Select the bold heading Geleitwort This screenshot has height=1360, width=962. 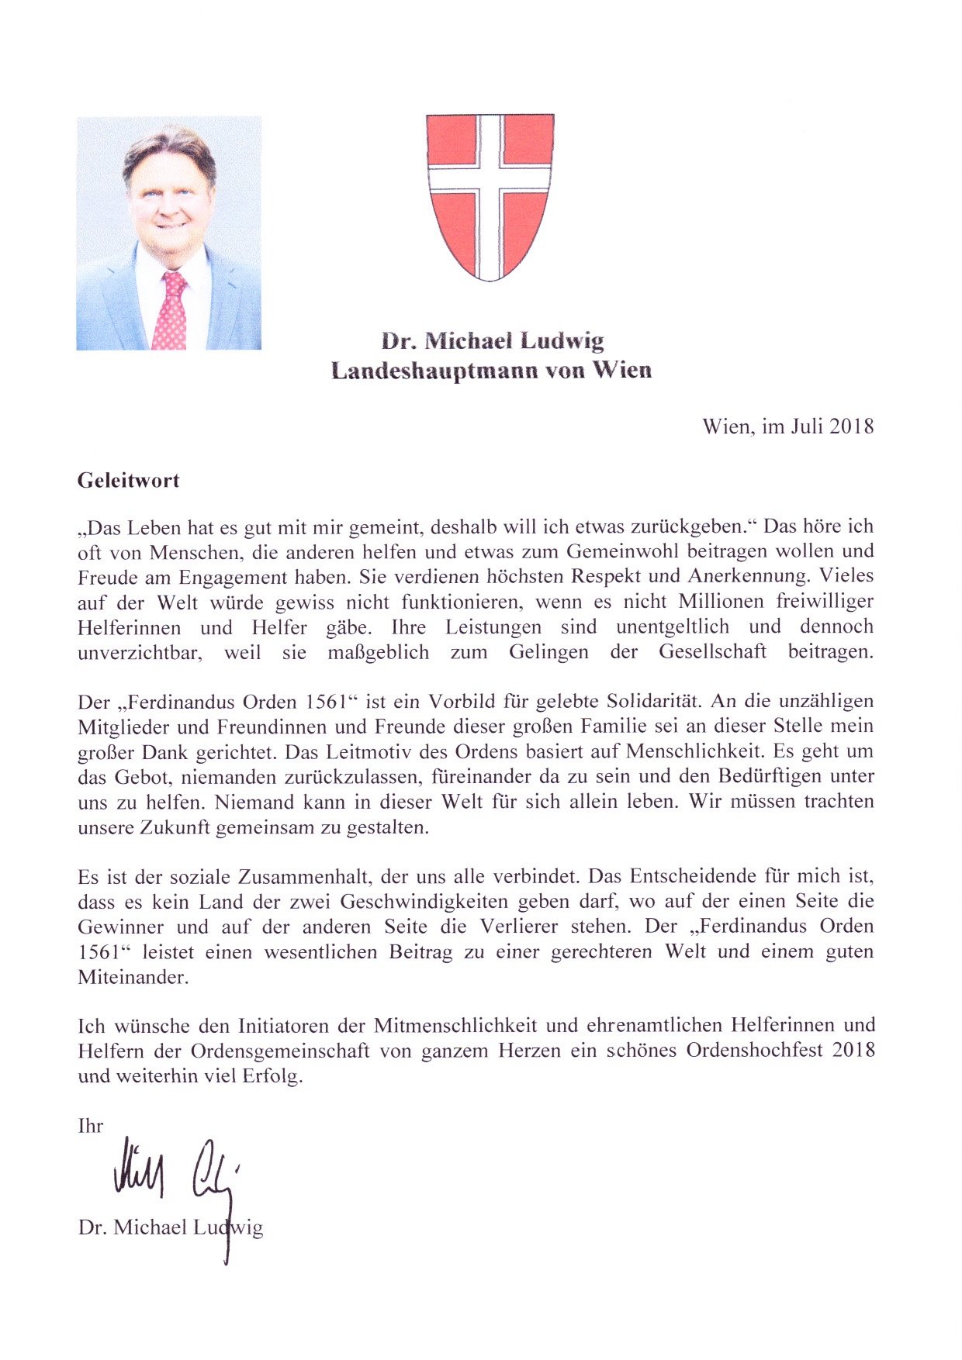pos(129,480)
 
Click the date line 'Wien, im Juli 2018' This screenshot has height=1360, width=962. pos(787,426)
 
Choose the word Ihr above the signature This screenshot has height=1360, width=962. pos(91,1125)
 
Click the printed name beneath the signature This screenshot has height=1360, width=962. pos(171,1227)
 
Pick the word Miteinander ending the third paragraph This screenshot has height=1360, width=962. pos(133,976)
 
